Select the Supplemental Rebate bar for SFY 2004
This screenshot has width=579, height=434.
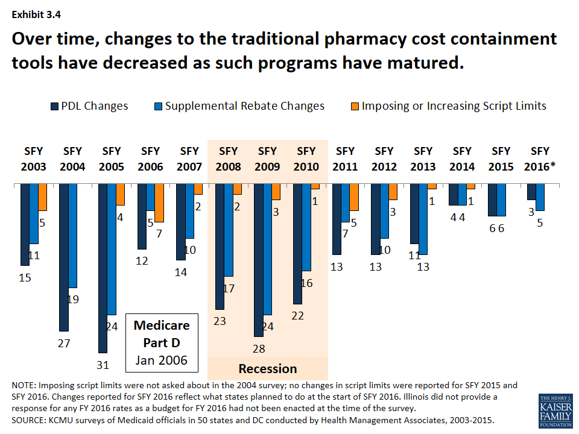point(73,236)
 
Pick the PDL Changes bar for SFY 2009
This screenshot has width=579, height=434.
point(258,260)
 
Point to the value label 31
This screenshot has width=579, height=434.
point(103,365)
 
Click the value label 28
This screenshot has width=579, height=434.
point(258,348)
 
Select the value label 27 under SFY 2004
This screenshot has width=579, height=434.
point(64,344)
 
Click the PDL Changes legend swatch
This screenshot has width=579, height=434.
point(55,107)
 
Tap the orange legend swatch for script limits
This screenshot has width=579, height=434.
point(353,107)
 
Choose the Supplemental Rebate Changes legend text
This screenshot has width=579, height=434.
point(245,106)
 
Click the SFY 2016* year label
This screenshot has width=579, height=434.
point(540,159)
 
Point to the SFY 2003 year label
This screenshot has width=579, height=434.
point(34,159)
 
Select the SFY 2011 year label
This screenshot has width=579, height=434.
point(345,159)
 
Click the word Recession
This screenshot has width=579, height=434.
point(268,369)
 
